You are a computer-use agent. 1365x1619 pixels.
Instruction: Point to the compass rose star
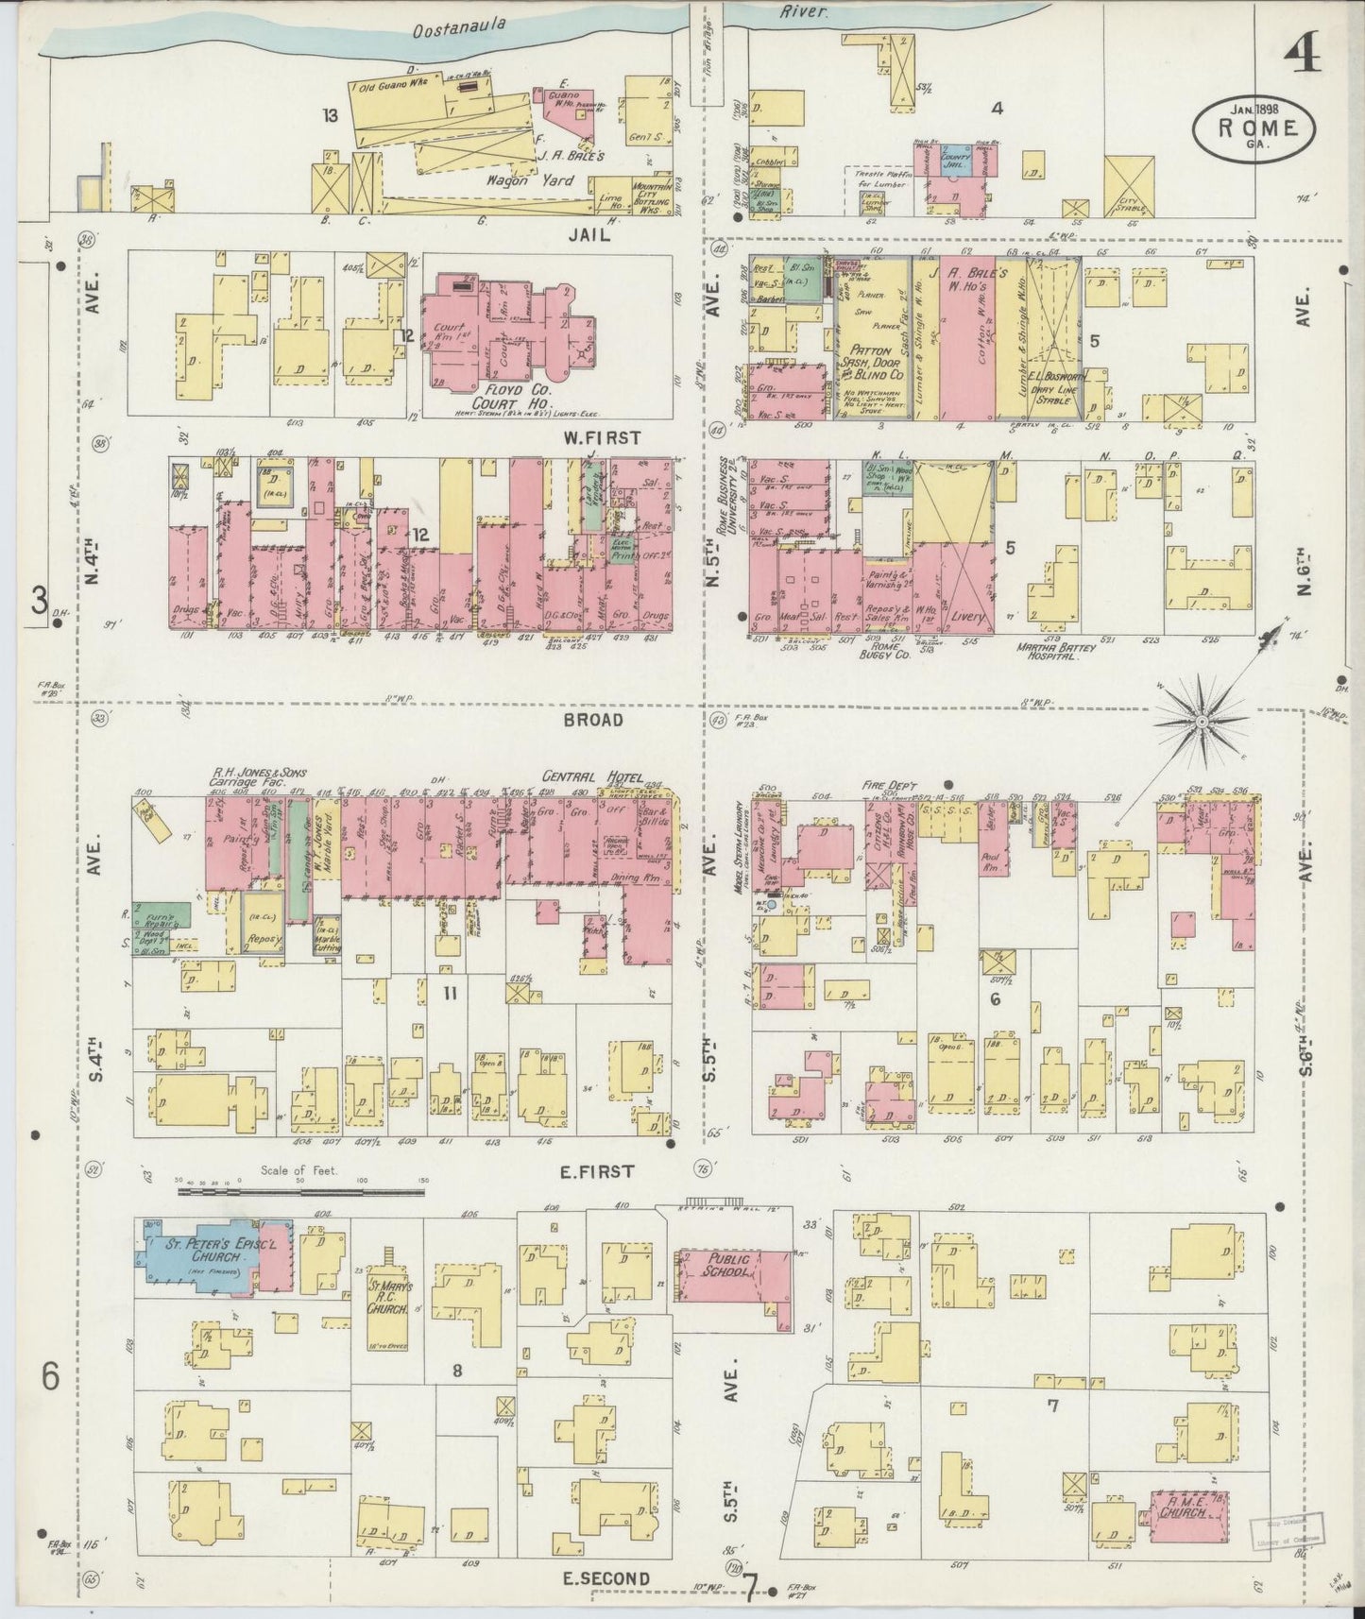[1202, 722]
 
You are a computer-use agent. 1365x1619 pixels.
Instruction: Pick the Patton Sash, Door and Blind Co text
[873, 362]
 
